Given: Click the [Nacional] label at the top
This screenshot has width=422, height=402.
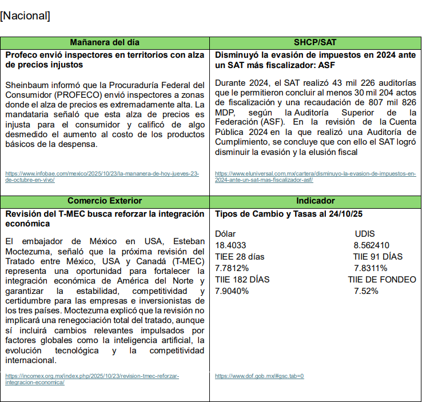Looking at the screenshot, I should pos(25,16).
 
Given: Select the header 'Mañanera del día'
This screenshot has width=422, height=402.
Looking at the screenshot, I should pos(105,43).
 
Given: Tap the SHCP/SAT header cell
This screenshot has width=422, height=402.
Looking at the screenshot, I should pos(316,43).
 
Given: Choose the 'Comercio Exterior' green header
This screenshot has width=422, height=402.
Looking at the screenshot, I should pos(105,201).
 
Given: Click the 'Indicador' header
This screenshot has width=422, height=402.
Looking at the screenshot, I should pos(316,201).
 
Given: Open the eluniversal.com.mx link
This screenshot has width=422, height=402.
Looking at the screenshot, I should pos(315,176).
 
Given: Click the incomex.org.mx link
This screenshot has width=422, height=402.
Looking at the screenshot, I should pos(91,379).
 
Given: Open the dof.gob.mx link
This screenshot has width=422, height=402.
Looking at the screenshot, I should pos(259,376).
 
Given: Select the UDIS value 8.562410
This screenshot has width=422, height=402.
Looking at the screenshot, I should pos(372,245).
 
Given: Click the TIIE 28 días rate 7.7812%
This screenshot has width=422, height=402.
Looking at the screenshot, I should pos(232,268).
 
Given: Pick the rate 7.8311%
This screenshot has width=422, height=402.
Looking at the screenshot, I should pos(370,268).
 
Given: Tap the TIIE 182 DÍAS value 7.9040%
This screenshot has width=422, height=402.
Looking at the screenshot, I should pos(232,291).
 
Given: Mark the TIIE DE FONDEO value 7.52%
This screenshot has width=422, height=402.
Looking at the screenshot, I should pos(366,291).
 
